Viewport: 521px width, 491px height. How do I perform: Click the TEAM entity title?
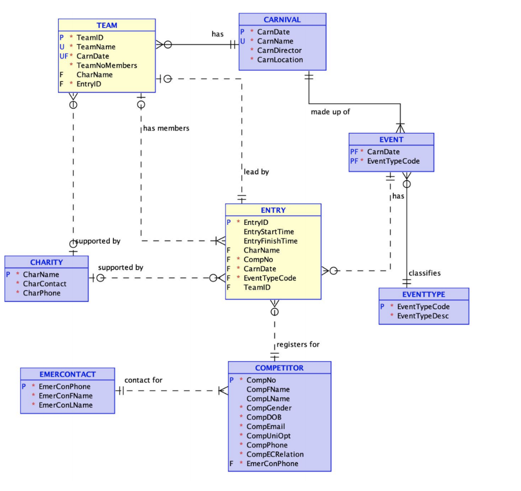click(107, 25)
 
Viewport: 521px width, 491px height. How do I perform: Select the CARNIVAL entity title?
click(282, 19)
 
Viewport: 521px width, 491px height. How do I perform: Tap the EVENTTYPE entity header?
click(423, 294)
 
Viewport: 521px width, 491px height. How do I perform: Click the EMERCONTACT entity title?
click(67, 374)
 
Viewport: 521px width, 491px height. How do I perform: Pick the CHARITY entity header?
click(46, 262)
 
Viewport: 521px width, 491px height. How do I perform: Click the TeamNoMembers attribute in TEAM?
click(107, 65)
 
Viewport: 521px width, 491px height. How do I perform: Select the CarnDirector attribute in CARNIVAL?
click(279, 50)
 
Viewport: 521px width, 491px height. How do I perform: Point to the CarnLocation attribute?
click(280, 60)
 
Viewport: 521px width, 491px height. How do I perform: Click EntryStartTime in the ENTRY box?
click(269, 232)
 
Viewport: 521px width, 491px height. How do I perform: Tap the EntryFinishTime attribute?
click(271, 241)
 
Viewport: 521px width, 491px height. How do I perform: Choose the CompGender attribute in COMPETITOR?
click(269, 408)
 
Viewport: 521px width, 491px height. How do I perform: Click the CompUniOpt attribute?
click(269, 436)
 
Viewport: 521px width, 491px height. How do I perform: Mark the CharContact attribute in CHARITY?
click(44, 283)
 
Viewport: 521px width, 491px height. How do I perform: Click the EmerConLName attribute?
click(66, 405)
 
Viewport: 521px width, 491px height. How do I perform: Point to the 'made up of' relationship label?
click(330, 111)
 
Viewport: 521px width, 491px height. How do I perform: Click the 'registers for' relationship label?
click(298, 344)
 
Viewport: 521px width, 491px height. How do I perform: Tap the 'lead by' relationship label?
click(256, 172)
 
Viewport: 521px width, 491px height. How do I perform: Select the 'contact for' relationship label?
click(143, 380)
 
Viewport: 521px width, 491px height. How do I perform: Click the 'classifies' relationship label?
click(424, 273)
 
